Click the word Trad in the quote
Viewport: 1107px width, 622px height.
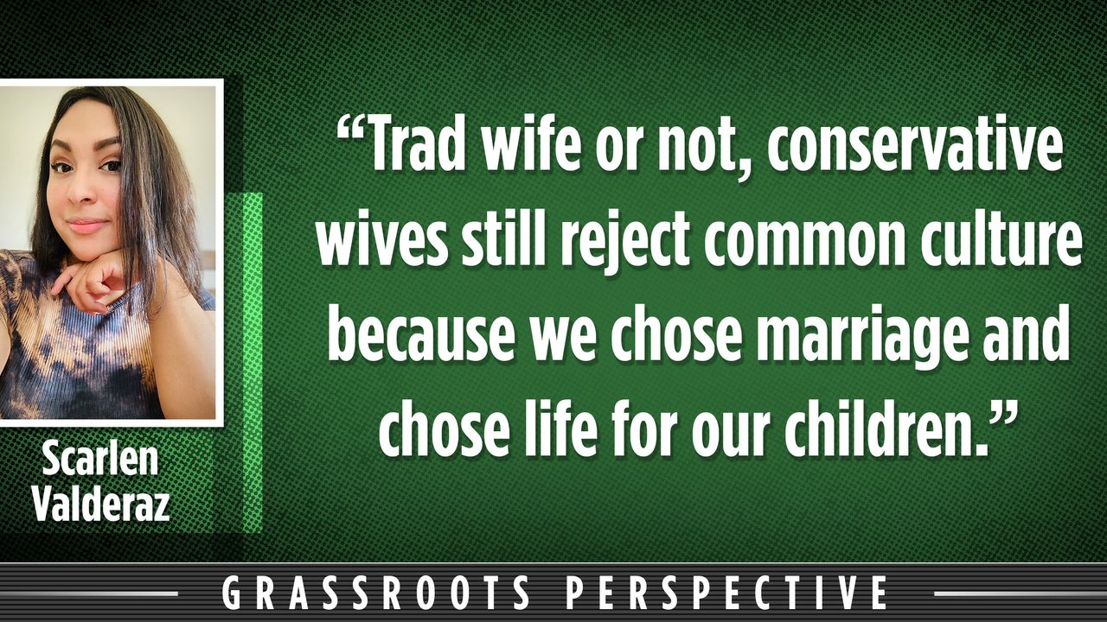pos(417,144)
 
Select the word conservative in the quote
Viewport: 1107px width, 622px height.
pos(914,147)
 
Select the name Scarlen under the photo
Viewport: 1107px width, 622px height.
pos(100,460)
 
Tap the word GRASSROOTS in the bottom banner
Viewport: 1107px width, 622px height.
pos(376,593)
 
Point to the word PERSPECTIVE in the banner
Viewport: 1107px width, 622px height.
pos(726,593)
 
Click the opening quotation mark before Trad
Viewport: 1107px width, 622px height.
pos(351,130)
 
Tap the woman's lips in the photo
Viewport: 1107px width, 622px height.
pos(87,225)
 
